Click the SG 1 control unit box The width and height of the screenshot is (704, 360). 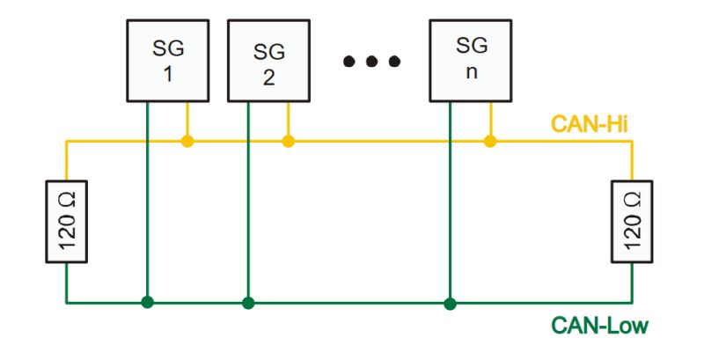(x=168, y=61)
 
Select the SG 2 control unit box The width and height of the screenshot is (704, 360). (x=268, y=61)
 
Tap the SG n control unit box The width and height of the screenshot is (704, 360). (x=471, y=61)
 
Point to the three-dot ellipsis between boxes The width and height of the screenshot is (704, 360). (x=371, y=62)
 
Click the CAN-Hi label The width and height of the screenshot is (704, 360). (x=589, y=124)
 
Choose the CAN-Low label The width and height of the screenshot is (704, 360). (x=600, y=326)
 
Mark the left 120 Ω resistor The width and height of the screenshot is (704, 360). (x=67, y=221)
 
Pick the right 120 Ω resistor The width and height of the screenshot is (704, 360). (x=632, y=221)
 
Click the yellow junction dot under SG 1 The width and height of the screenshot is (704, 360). (x=187, y=142)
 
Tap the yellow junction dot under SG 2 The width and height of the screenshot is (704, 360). (x=289, y=142)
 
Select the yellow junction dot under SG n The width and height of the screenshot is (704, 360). (x=490, y=142)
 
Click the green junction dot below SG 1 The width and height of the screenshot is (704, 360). (x=147, y=303)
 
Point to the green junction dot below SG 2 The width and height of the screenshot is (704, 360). (x=248, y=303)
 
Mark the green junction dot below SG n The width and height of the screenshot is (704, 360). (x=450, y=304)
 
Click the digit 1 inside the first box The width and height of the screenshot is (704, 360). (x=168, y=75)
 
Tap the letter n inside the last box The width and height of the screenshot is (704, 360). (x=471, y=73)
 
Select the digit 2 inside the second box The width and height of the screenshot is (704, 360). (x=268, y=77)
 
